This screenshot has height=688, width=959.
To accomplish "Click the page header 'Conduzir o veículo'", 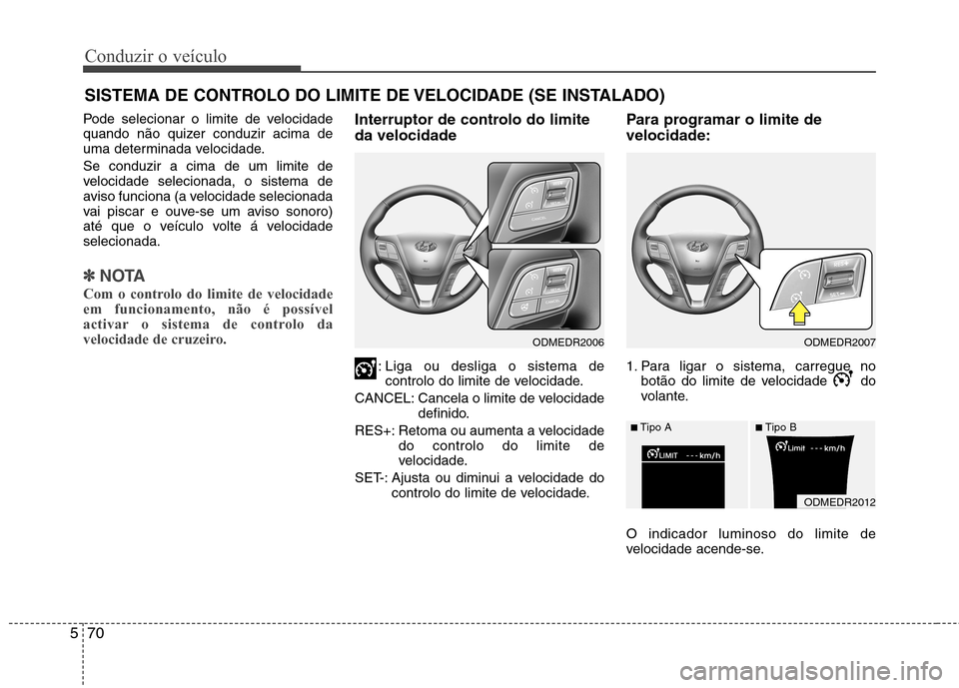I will coord(155,56).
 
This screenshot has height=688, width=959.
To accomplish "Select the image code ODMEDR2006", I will coord(566,342).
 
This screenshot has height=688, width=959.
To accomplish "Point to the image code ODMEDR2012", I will coord(838,501).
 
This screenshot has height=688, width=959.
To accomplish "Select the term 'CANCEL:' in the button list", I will coord(384,398).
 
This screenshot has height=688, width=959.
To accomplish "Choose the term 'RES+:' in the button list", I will coord(375,430).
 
